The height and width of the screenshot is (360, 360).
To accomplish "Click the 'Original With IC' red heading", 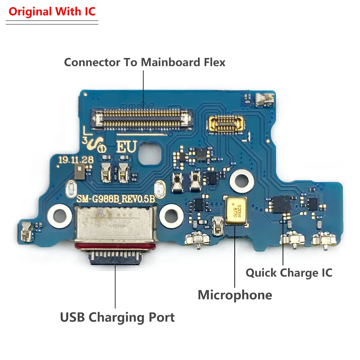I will click(x=52, y=12).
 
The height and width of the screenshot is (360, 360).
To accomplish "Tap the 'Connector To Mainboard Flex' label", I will click(x=144, y=62).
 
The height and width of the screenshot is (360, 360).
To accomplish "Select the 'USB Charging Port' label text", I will click(x=117, y=318).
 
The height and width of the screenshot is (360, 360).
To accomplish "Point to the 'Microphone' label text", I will click(x=235, y=295).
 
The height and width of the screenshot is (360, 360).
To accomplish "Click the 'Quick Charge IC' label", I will click(x=289, y=273).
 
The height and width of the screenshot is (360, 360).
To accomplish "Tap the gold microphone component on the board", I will click(x=235, y=211).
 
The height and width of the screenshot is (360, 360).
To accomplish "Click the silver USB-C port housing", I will click(x=115, y=223).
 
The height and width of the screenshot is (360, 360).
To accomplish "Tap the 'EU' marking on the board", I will click(x=126, y=147).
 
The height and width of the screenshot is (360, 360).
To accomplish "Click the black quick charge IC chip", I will click(x=281, y=204).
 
